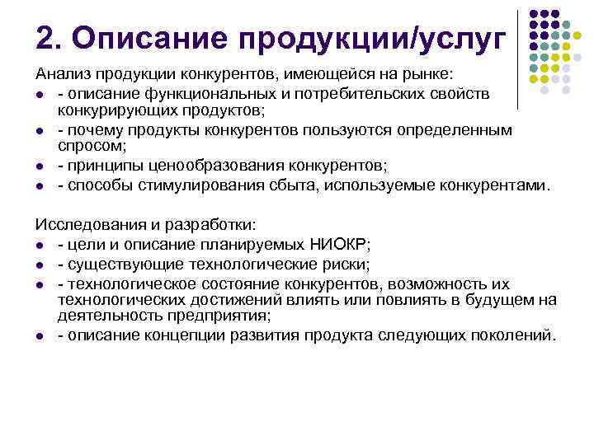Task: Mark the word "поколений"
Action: pyautogui.click(x=515, y=335)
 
